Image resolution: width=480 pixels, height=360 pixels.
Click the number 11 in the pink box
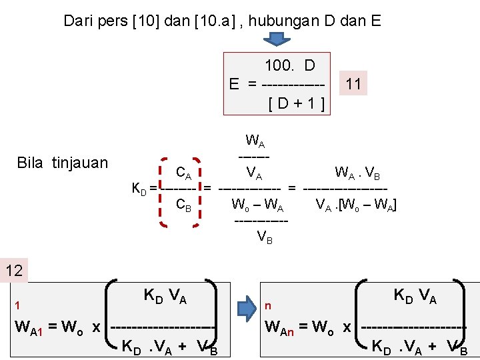[x=353, y=83]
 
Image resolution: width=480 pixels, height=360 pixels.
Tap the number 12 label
[x=13, y=270]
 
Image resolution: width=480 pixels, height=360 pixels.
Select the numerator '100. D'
[x=289, y=65]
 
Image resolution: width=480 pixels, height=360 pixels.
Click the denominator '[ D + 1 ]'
[x=296, y=103]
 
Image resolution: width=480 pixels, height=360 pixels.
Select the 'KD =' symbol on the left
[x=143, y=189]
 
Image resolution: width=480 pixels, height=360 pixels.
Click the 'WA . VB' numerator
[x=357, y=175]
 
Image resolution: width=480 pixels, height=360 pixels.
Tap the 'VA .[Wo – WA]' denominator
[x=356, y=204]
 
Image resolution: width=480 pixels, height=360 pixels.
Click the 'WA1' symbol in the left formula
[x=29, y=328]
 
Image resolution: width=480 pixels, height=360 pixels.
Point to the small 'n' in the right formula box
[x=268, y=306]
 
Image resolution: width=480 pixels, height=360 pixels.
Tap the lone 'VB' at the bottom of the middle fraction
[x=265, y=235]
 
